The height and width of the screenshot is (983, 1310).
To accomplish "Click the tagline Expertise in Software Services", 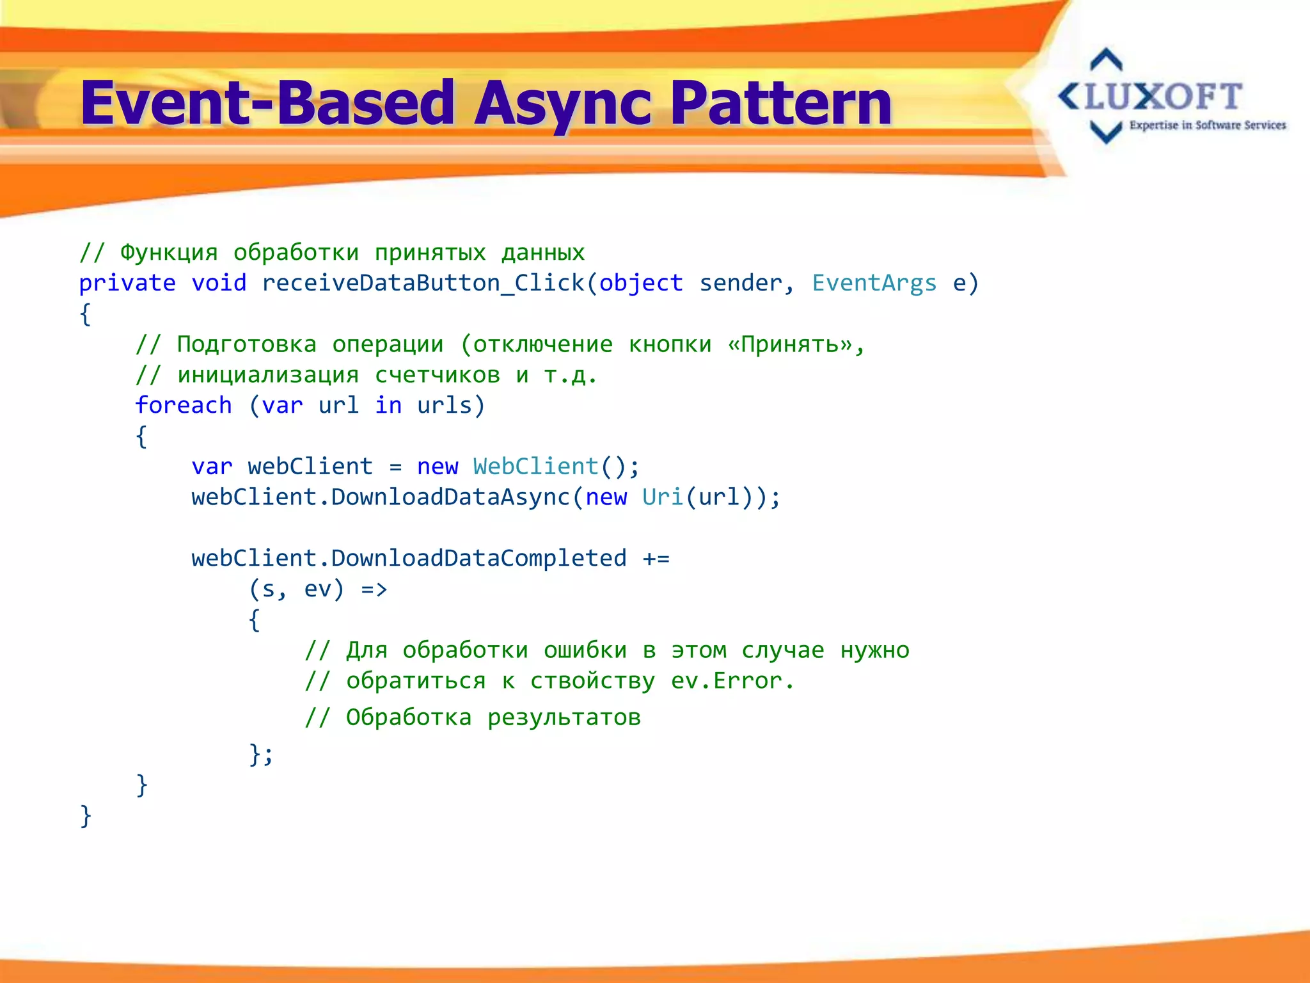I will (1207, 125).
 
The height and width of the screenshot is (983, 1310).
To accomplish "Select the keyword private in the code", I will (127, 283).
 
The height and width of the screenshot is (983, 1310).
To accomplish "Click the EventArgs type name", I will (874, 283).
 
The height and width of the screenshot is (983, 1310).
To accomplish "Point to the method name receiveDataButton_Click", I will (422, 283).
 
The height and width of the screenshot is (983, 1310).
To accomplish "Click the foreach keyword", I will (184, 405).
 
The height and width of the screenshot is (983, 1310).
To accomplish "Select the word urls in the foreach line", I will (445, 405).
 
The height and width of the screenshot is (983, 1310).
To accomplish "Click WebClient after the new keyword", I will (536, 467).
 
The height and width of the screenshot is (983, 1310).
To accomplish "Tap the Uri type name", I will (663, 497).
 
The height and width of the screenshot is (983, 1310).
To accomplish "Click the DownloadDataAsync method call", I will (450, 497).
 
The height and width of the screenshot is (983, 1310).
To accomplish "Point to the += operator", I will (656, 559).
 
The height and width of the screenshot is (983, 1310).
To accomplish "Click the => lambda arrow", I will (374, 589).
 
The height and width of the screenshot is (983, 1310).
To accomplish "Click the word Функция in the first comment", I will (169, 253).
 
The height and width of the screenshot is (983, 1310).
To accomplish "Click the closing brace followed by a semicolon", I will (261, 755).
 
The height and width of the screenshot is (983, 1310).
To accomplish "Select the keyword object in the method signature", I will (641, 283).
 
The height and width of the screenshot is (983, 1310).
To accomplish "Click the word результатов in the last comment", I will (564, 718).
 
